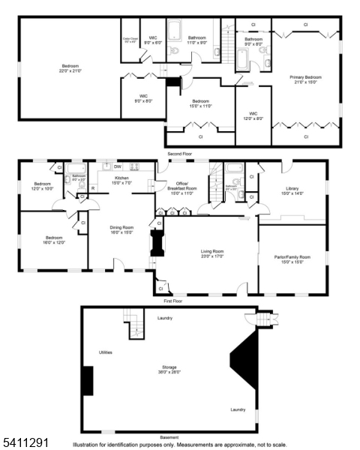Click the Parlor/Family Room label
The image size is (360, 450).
coord(292,259)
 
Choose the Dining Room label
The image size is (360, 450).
coord(121,229)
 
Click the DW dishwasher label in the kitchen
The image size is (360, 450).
coord(118,166)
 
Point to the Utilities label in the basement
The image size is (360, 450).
coord(106,352)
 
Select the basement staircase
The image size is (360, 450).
coord(134,326)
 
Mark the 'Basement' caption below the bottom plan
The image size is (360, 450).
coord(169,437)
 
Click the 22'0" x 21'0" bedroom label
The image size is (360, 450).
coord(69,68)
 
